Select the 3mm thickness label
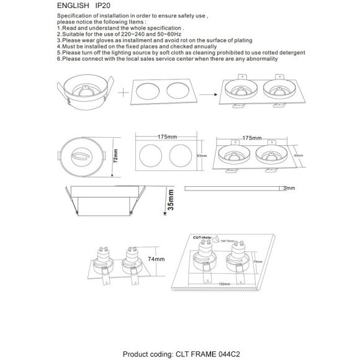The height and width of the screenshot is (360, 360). click(x=289, y=187)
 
